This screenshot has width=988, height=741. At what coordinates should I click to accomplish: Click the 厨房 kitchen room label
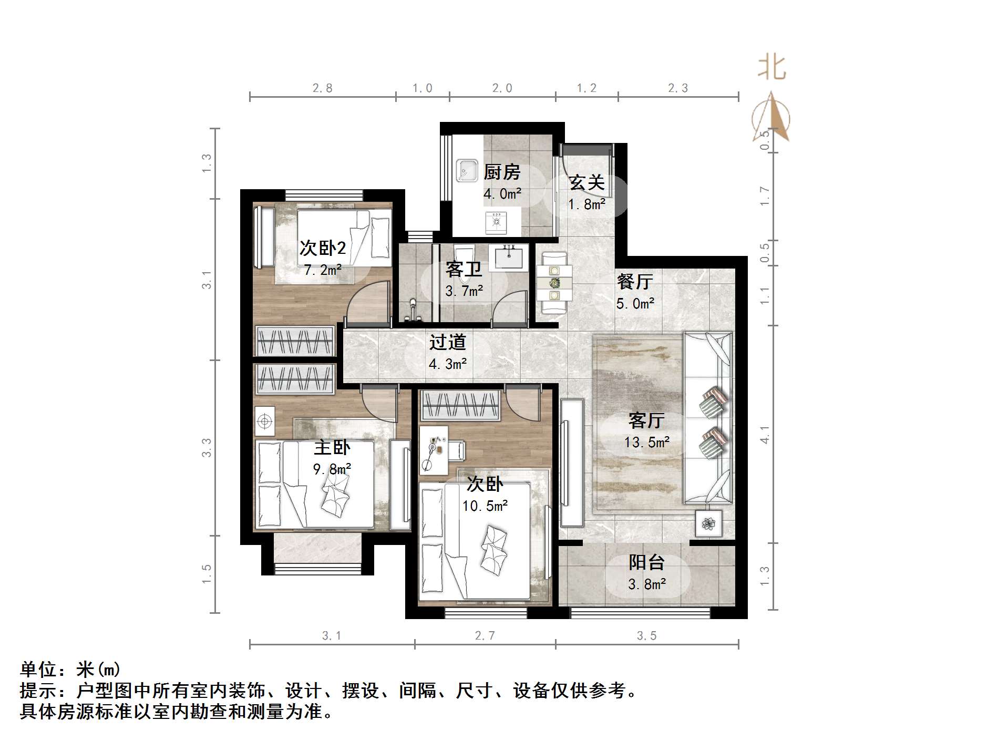point(502,172)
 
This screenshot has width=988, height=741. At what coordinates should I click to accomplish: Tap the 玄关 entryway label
point(587,182)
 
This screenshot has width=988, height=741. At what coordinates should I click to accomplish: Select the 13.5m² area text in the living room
point(647,442)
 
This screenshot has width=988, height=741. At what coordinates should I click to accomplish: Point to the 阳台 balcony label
point(647,562)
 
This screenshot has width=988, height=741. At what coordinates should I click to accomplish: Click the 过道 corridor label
point(448,342)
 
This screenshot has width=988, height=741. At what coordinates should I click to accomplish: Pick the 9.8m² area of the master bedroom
point(332,468)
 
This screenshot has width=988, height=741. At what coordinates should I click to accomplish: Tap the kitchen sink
point(467,170)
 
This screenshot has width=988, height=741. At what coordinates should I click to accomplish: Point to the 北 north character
point(771,68)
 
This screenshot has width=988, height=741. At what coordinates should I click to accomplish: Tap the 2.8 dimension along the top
point(322,88)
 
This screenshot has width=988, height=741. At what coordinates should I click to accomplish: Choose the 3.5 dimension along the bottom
point(646,636)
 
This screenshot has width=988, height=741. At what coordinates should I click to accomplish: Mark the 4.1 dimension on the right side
point(765,435)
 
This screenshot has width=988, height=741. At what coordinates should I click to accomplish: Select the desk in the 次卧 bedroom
point(434,450)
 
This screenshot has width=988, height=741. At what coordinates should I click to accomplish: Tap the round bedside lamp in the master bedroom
point(264,421)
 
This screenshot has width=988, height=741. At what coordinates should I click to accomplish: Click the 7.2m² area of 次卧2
point(323,270)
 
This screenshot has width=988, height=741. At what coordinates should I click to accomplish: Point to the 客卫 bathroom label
point(464,269)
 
